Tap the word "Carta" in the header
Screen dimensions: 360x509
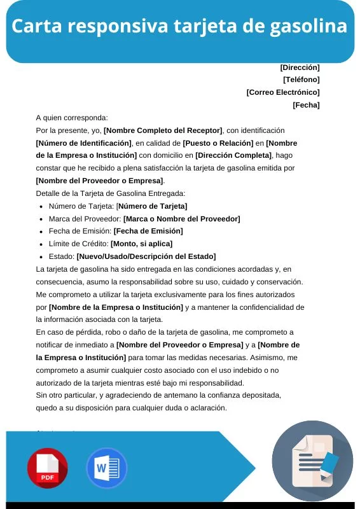[x=36, y=27]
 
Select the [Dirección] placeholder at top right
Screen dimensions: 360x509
[x=300, y=67]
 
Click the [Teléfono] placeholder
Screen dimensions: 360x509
[x=301, y=80]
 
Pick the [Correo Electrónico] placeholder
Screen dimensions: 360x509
[x=283, y=92]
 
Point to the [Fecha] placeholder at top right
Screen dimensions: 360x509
[x=306, y=105]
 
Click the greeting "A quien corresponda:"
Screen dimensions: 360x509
[x=72, y=118]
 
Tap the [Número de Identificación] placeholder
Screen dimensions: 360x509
[x=84, y=143]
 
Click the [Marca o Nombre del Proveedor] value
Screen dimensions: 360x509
[x=181, y=218]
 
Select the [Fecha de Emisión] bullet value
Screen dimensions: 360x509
[x=148, y=231]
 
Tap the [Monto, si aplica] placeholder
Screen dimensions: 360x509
[x=141, y=244]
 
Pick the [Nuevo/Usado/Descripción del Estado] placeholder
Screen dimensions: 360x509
[x=146, y=256]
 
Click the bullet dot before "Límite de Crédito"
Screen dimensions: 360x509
[x=41, y=244]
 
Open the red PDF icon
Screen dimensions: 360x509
[x=47, y=468]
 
